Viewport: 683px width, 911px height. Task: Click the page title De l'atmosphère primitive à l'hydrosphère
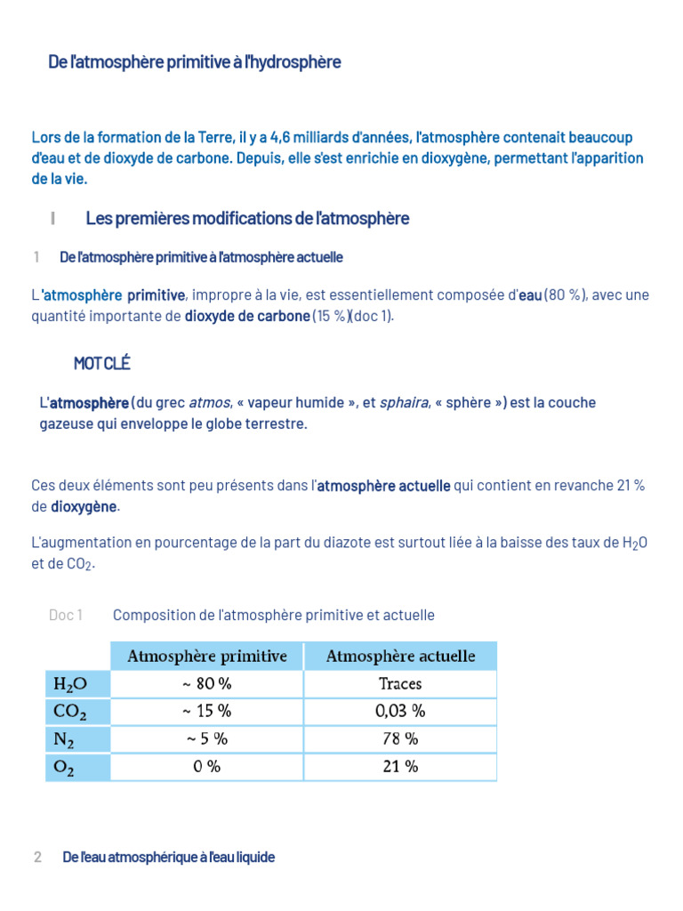coord(194,62)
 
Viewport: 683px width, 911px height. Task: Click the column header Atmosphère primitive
coord(207,657)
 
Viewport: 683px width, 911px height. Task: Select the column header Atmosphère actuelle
coord(400,657)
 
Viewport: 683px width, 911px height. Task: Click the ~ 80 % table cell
coord(207,684)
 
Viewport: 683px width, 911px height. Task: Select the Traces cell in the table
coord(400,684)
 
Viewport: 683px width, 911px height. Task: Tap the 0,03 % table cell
coord(400,712)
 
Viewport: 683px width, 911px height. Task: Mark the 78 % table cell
coord(400,739)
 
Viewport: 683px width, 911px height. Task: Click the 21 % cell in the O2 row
coord(400,767)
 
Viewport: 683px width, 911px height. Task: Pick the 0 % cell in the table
coord(207,767)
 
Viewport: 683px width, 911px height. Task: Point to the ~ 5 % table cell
coord(207,739)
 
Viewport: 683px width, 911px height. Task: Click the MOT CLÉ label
coord(102,363)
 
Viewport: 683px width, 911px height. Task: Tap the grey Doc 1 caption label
coord(66,616)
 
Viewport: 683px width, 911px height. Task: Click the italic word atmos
coord(210,403)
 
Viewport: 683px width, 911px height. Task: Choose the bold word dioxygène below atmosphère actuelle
coord(84,507)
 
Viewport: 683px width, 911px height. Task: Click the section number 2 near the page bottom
coord(37,858)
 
